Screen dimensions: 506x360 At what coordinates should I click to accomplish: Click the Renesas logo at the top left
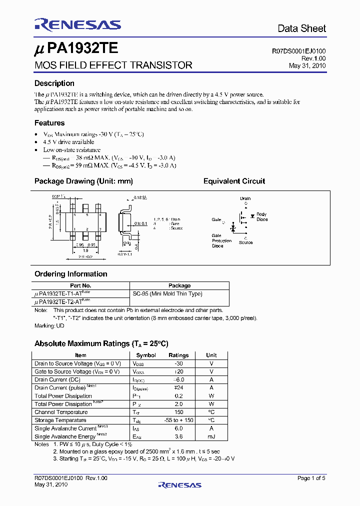pyautogui.click(x=77, y=25)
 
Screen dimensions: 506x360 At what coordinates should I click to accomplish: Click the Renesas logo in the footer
pyautogui.click(x=179, y=484)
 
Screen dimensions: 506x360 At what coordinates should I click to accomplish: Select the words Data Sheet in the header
pyautogui.click(x=301, y=28)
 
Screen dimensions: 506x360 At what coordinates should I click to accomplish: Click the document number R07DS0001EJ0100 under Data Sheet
pyautogui.click(x=298, y=51)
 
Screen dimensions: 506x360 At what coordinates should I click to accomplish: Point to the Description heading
pyautogui.click(x=54, y=83)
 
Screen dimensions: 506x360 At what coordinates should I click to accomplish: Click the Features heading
pyautogui.click(x=49, y=122)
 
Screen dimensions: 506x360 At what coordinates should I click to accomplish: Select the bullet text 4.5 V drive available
pyautogui.click(x=68, y=142)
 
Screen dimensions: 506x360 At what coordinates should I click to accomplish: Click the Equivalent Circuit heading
pyautogui.click(x=234, y=181)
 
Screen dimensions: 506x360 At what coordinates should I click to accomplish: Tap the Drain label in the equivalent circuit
pyautogui.click(x=245, y=198)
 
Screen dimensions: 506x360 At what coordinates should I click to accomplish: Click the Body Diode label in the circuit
pyautogui.click(x=261, y=216)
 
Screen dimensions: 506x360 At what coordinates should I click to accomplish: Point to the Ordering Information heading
pyautogui.click(x=70, y=274)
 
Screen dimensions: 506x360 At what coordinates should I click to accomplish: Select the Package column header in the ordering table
pyautogui.click(x=179, y=285)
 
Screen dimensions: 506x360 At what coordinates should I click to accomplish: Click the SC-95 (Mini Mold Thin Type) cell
pyautogui.click(x=167, y=293)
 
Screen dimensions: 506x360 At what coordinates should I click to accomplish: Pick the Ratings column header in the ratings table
pyautogui.click(x=178, y=355)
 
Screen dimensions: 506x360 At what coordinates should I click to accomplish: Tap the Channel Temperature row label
pyautogui.click(x=60, y=412)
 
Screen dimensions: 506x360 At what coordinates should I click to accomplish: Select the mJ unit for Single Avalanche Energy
pyautogui.click(x=211, y=436)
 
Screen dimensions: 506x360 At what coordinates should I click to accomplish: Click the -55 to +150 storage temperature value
pyautogui.click(x=178, y=420)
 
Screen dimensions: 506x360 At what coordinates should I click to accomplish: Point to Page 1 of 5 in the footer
pyautogui.click(x=311, y=478)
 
